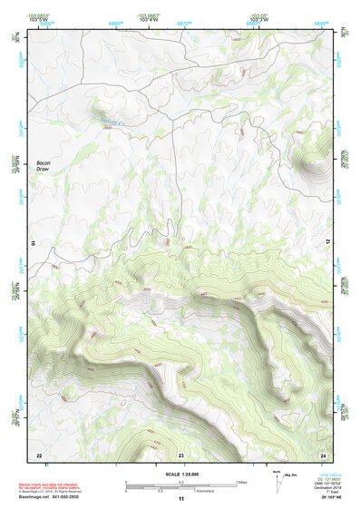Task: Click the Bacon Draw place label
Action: click(44, 165)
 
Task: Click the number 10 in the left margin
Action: click(32, 242)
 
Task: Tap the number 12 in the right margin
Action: click(328, 242)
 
